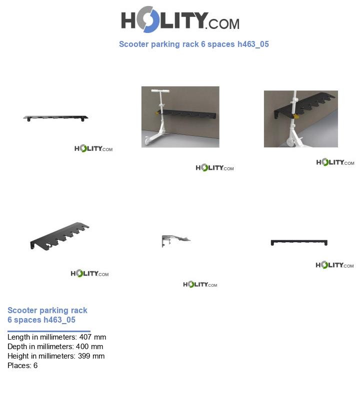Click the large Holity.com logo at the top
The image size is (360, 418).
tap(180, 19)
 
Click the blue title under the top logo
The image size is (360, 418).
tap(193, 44)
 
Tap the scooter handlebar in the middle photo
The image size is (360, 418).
tap(160, 91)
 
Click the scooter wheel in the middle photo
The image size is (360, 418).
tap(147, 141)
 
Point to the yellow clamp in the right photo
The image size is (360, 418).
tap(296, 116)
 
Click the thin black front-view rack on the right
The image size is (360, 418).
tap(299, 242)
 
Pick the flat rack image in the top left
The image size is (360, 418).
tap(55, 118)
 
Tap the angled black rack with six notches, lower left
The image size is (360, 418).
tap(59, 236)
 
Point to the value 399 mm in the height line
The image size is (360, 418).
tap(91, 356)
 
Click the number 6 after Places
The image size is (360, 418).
tap(35, 366)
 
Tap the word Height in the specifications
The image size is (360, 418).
tap(17, 356)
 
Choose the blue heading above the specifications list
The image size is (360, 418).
tap(47, 315)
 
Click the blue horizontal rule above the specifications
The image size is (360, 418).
tap(49, 332)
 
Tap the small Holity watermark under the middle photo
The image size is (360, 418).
tap(214, 168)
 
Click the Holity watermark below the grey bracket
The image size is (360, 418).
tap(200, 285)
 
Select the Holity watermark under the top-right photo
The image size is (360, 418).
tap(335, 162)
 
